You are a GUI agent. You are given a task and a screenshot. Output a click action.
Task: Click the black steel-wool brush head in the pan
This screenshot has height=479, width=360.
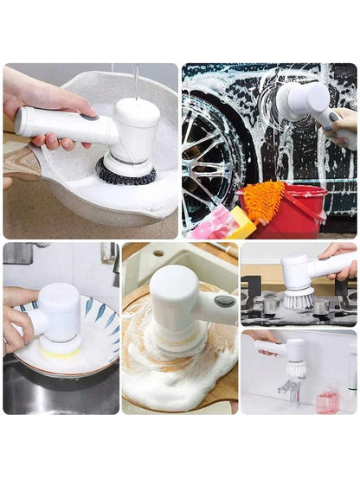[x=125, y=173]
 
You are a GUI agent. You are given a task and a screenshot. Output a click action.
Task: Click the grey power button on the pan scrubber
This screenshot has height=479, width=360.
[x=88, y=115]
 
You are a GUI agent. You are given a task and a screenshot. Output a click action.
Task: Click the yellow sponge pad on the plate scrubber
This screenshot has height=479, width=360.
[x=61, y=350]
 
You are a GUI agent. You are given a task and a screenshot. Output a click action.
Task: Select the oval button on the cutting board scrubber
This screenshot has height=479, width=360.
[x=225, y=302]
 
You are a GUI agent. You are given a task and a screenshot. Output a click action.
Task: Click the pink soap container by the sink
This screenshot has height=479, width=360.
[x=326, y=401]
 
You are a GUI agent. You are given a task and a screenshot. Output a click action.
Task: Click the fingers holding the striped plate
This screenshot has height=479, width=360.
[x=17, y=324]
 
